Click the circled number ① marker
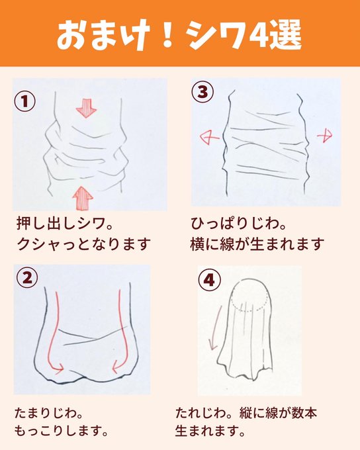pyautogui.click(x=25, y=101)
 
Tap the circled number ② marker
pyautogui.click(x=27, y=277)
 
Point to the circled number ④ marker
pyautogui.click(x=209, y=279)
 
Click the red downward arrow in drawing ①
pyautogui.click(x=87, y=108)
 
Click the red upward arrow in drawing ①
pyautogui.click(x=83, y=197)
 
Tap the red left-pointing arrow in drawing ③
pyautogui.click(x=210, y=138)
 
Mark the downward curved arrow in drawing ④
pyautogui.click(x=216, y=327)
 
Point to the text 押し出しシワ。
pyautogui.click(x=65, y=224)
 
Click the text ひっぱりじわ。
pyautogui.click(x=239, y=224)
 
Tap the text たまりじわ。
pyautogui.click(x=49, y=413)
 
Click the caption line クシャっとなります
pyautogui.click(x=84, y=244)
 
